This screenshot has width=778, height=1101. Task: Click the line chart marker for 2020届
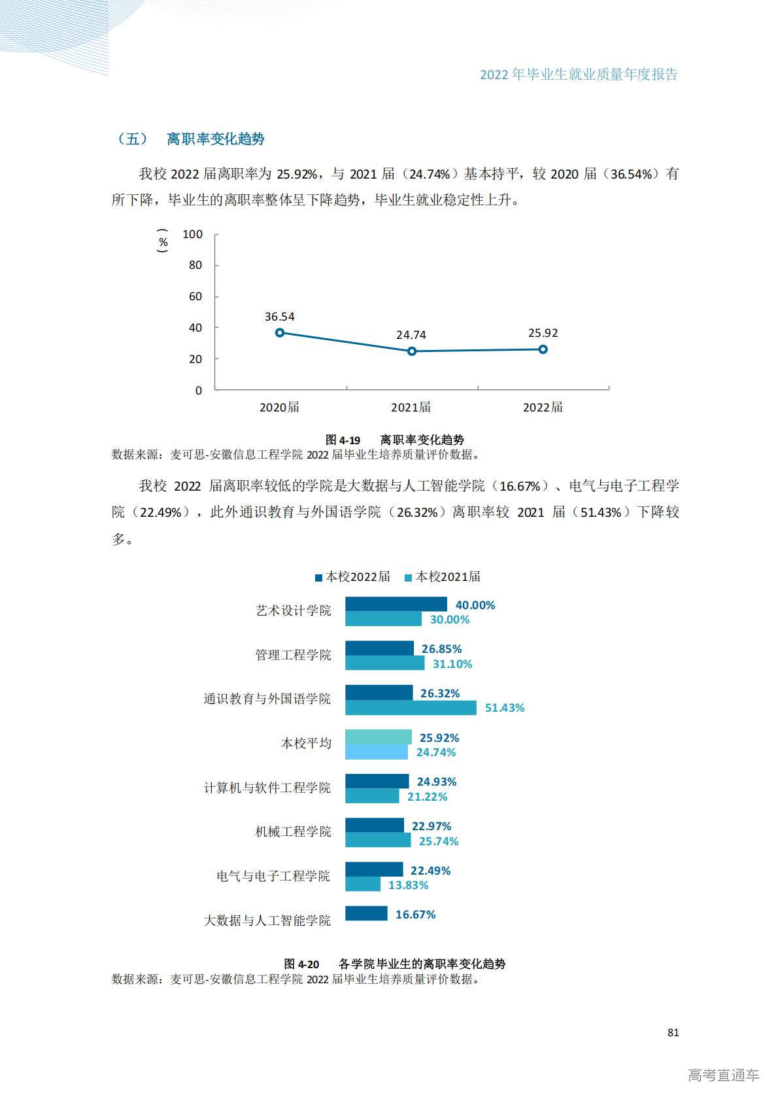(x=280, y=332)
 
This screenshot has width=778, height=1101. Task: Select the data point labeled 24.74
(x=412, y=351)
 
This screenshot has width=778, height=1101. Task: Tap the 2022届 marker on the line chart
(x=543, y=349)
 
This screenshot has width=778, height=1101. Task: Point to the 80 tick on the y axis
(x=195, y=265)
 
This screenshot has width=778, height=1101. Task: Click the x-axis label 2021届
(x=411, y=407)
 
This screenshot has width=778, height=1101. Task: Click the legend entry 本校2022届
(x=352, y=576)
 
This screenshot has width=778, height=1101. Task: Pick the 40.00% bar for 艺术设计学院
(x=396, y=604)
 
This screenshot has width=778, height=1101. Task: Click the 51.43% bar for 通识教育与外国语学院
(x=411, y=707)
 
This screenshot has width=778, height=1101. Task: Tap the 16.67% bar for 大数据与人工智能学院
(x=366, y=913)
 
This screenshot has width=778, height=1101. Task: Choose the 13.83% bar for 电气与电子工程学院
(x=363, y=884)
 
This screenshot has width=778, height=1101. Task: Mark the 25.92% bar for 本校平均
(x=378, y=737)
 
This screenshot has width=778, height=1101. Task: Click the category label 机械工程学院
(x=293, y=831)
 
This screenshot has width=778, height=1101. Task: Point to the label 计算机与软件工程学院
(x=267, y=788)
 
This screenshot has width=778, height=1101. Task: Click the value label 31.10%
(x=452, y=664)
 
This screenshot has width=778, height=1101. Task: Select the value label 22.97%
(x=431, y=826)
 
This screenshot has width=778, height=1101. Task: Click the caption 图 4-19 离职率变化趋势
(x=395, y=440)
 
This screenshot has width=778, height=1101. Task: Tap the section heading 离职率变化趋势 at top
(x=216, y=139)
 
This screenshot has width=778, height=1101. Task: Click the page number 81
(x=673, y=1032)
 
